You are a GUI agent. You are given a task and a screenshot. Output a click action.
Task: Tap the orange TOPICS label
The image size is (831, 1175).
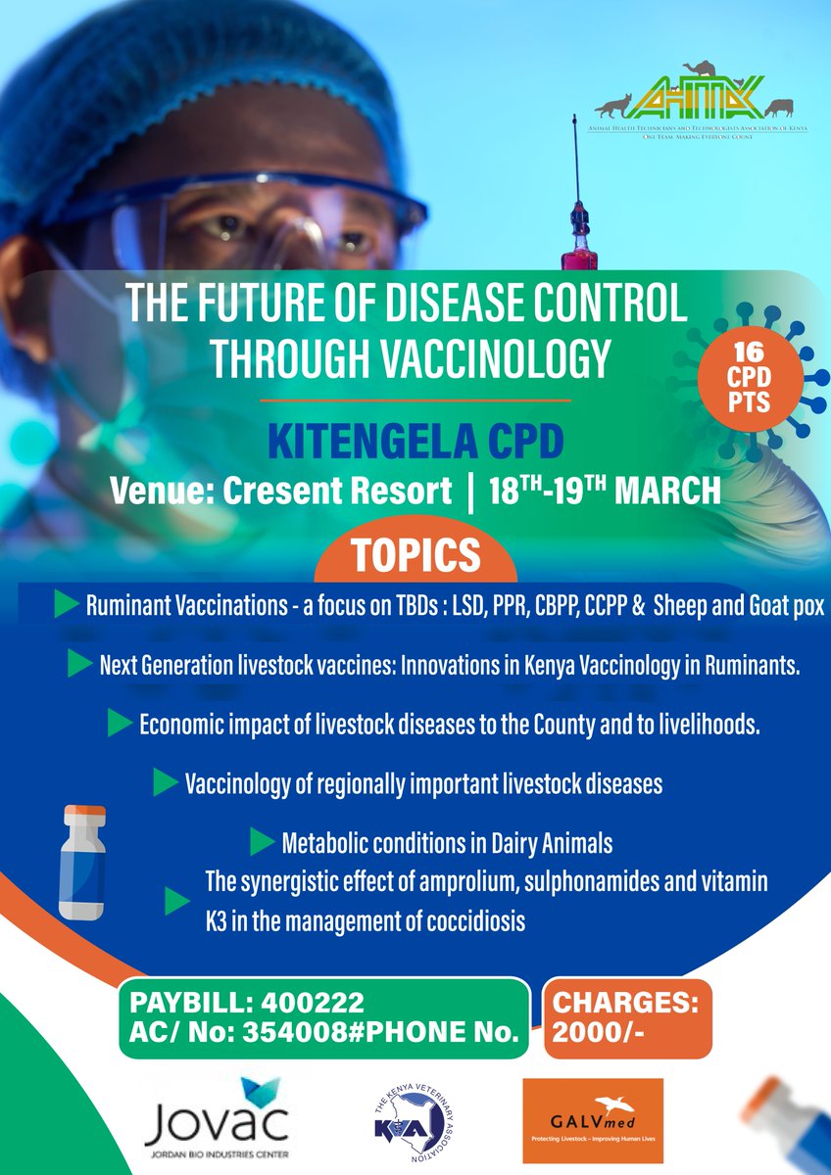[415, 555]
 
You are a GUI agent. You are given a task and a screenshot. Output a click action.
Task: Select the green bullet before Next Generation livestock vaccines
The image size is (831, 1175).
[79, 665]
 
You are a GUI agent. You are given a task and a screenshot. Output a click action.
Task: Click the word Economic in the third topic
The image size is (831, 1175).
[184, 726]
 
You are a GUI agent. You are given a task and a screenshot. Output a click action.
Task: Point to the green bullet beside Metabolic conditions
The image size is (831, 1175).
[261, 841]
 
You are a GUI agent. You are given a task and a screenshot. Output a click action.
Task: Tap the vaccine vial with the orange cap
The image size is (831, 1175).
[82, 862]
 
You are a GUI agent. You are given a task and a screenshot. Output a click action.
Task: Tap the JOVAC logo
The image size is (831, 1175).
[217, 1121]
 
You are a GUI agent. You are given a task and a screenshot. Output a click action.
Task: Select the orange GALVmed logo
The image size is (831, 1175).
[593, 1121]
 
